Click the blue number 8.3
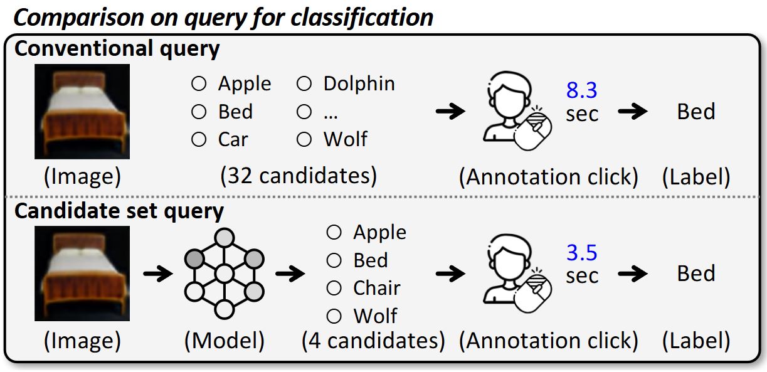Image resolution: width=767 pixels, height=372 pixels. click(581, 90)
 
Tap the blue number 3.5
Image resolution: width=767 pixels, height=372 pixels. click(581, 252)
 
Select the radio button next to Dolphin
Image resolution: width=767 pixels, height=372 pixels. click(304, 83)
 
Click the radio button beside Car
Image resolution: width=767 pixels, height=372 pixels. click(199, 139)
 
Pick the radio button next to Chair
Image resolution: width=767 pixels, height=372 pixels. click(334, 288)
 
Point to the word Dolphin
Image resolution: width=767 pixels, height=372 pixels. click(359, 83)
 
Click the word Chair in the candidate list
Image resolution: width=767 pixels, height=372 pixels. click(377, 288)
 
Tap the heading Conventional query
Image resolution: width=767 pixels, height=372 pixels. click(117, 49)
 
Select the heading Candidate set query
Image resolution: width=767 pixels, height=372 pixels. click(119, 211)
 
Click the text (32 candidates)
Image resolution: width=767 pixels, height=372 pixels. click(299, 176)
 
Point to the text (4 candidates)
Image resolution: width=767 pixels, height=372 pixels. click(373, 341)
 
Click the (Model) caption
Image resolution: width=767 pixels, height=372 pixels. click(225, 341)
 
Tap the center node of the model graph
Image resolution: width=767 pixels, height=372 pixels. click(225, 274)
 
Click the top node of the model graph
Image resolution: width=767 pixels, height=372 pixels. click(225, 238)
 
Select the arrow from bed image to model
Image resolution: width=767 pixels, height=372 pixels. click(158, 274)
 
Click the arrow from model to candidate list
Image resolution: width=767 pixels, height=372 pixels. click(290, 274)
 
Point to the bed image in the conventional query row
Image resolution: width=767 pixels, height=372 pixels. click(82, 112)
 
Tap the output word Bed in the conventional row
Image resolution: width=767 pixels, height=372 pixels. click(696, 111)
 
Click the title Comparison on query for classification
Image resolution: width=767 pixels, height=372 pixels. click(223, 18)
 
